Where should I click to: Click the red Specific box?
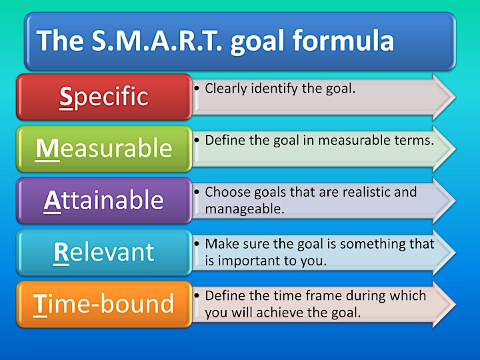pos(104,97)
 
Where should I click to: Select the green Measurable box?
pos(104,149)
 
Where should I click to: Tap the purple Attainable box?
pos(104,201)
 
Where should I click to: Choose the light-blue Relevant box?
pos(104,253)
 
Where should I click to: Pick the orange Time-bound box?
pos(104,304)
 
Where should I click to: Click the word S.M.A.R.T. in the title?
pos(157,41)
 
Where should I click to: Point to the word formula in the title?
pos(343,40)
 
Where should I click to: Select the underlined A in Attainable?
pos(53,201)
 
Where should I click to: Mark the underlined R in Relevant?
pos(61,253)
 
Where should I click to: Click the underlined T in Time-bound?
pos(40,305)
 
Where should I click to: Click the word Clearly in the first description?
pos(226,89)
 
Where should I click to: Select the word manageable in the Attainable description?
pos(245,209)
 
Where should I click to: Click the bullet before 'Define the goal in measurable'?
pos(197,141)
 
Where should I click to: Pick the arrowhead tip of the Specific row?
pos(455,97)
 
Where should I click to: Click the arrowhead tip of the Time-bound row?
pos(455,305)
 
